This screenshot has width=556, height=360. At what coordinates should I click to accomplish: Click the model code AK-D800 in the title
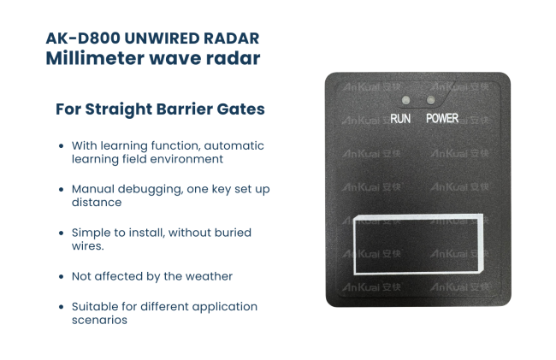tap(83, 38)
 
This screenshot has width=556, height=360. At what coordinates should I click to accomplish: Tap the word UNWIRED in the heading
tap(162, 38)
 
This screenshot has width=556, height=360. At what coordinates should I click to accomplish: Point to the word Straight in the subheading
tap(118, 109)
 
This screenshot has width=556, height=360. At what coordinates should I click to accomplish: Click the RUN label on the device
tap(400, 119)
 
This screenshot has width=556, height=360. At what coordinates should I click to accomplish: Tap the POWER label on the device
tap(442, 118)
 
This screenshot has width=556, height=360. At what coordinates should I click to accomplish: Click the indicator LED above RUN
tap(406, 100)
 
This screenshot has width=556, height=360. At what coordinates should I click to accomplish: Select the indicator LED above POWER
tap(431, 100)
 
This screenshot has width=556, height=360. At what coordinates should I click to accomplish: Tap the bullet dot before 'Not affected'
tap(62, 276)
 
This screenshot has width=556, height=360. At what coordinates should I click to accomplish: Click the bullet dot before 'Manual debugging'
tap(62, 189)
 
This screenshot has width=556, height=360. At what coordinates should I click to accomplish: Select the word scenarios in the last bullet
tap(99, 320)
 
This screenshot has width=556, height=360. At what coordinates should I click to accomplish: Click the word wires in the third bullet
tap(86, 246)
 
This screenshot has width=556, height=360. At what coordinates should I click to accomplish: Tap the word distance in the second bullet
tap(97, 203)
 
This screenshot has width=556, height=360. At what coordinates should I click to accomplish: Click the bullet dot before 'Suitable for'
tap(62, 307)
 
